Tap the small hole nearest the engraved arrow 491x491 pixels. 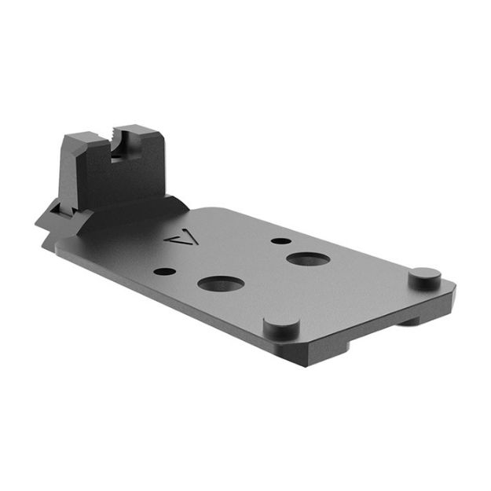164,272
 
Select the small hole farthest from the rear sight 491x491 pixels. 277,240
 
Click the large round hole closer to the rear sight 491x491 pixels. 218,283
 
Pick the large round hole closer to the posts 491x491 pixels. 306,258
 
